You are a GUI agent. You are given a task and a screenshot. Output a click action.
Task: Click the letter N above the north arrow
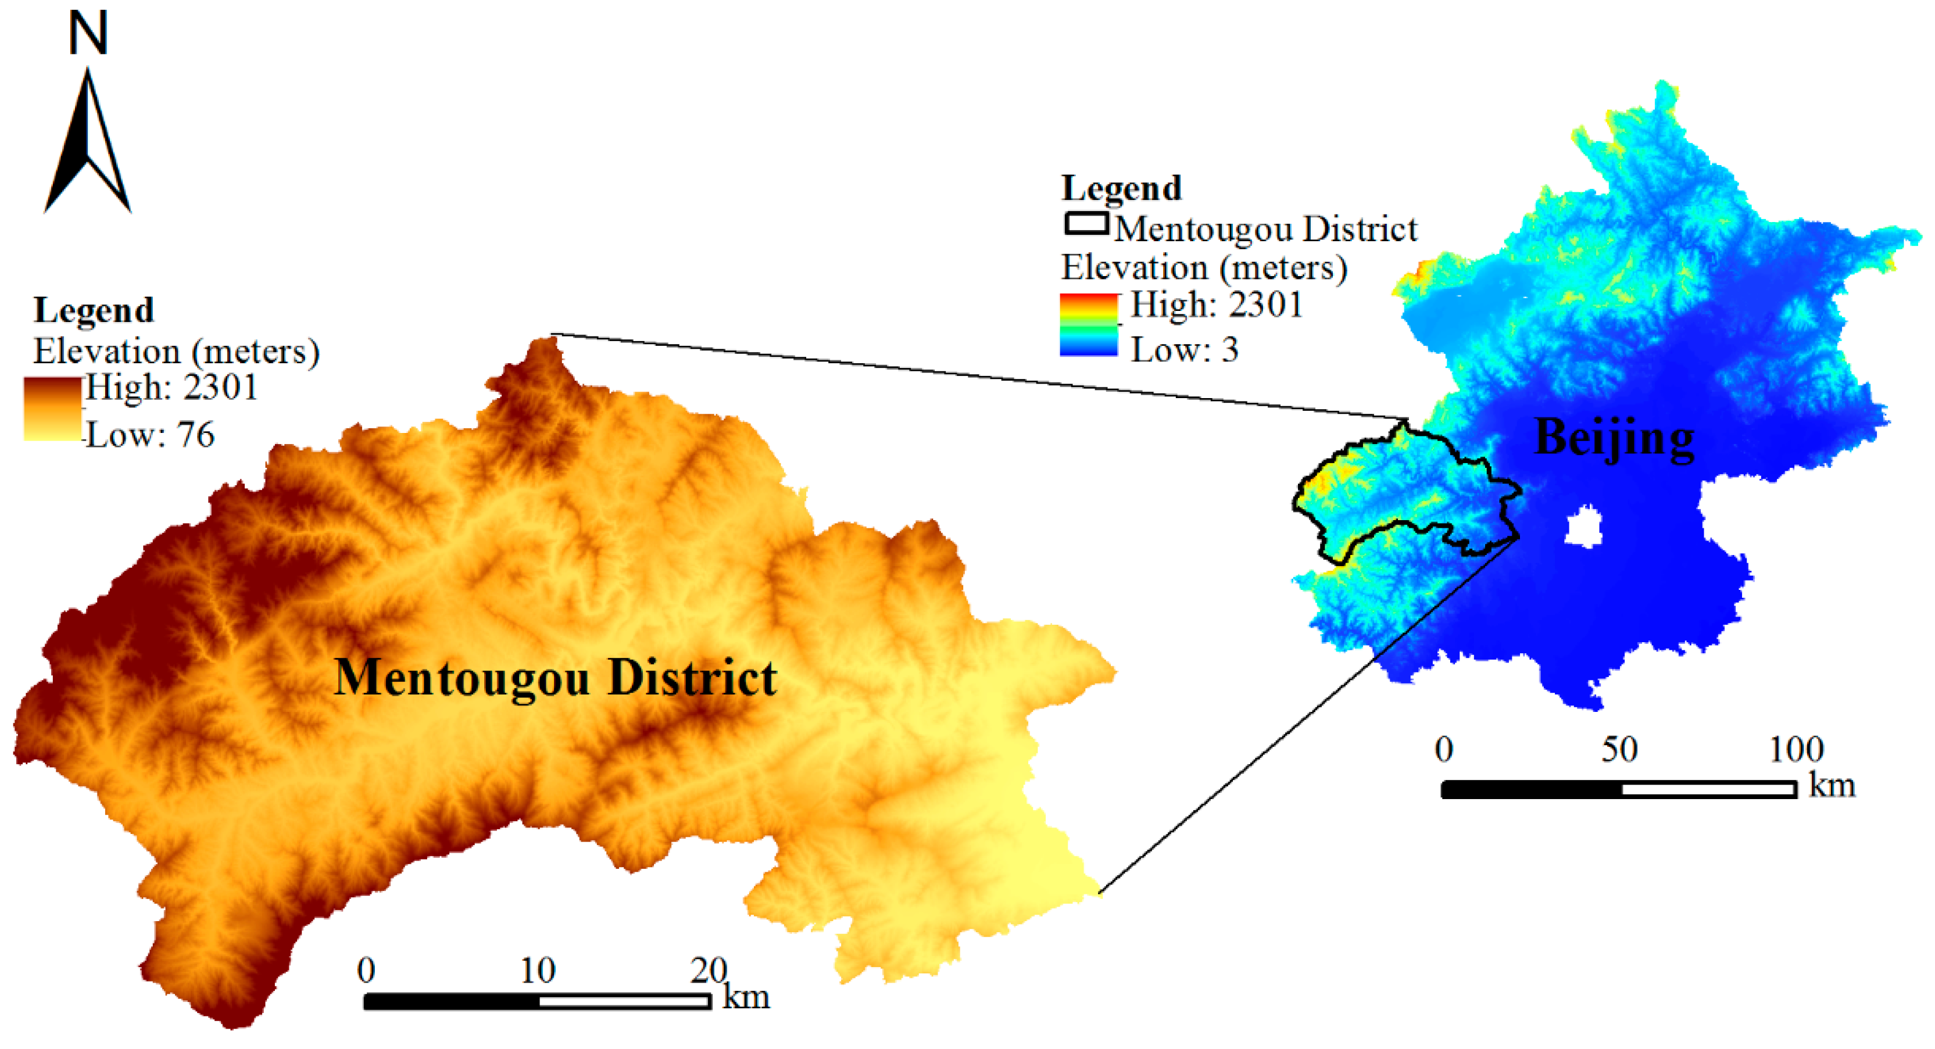(88, 34)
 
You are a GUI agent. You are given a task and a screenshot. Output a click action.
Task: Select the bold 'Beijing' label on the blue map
(1614, 437)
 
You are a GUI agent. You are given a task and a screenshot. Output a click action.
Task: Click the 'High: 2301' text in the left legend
(171, 388)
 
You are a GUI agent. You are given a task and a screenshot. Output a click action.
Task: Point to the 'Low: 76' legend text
(150, 435)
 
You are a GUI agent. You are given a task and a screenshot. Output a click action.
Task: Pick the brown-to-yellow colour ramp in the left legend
(52, 409)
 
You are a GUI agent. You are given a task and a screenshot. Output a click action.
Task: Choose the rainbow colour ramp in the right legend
(1089, 324)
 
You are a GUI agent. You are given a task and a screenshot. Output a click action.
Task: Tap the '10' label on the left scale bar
(538, 970)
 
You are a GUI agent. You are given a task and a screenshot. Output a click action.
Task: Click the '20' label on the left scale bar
(709, 970)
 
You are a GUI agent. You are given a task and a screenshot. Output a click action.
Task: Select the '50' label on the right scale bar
(1619, 749)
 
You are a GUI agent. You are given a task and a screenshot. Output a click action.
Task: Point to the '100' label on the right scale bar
(1796, 749)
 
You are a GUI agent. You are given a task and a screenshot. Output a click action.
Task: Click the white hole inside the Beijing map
(1584, 527)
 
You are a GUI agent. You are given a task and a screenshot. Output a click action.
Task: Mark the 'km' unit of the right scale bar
(1832, 785)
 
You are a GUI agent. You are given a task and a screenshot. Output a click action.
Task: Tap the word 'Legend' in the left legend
(94, 310)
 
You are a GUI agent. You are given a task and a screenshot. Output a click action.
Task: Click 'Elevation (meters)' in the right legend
(1203, 267)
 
